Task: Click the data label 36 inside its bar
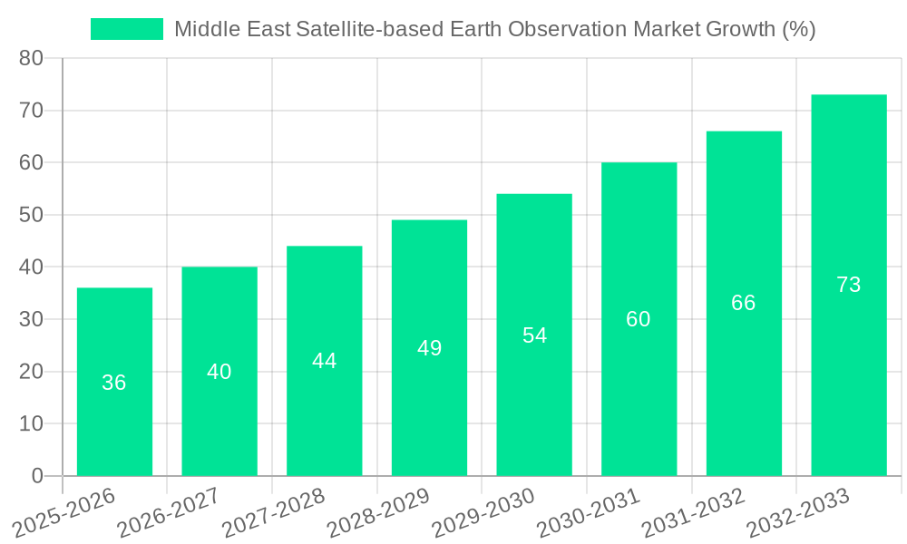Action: [114, 383]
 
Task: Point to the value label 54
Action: [534, 335]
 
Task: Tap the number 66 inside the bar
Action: [743, 303]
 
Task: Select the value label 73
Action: [848, 285]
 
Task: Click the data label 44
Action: [324, 361]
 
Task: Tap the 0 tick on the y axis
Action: [37, 476]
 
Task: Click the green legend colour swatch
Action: [127, 29]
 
